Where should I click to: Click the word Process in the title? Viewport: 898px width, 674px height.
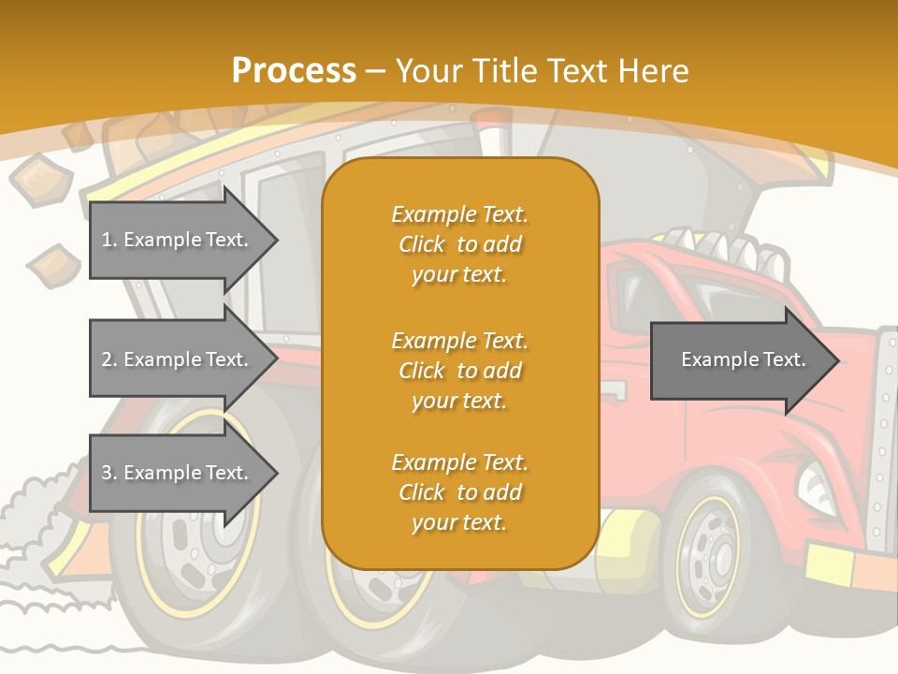point(294,71)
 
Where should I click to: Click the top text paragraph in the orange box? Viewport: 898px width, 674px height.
point(460,244)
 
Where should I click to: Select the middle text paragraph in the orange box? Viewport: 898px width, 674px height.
point(460,370)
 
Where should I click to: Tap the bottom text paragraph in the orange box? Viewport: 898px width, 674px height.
point(460,492)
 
